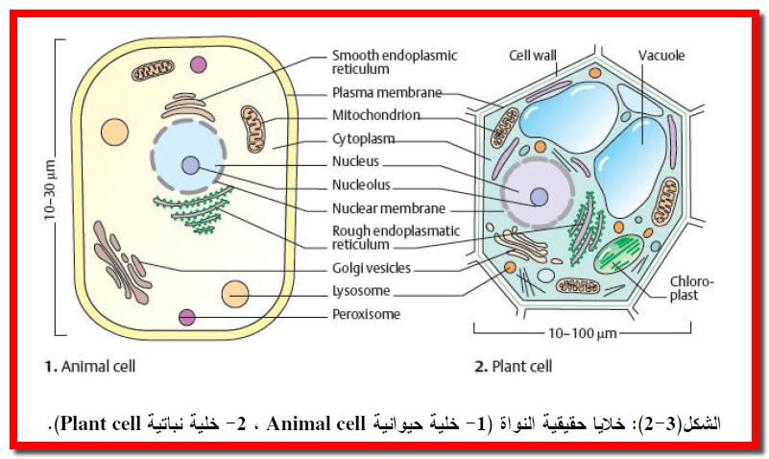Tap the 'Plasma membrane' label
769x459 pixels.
[x=387, y=93]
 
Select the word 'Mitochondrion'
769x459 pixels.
[x=378, y=116]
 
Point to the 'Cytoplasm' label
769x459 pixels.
[x=364, y=139]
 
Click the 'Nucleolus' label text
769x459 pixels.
[x=361, y=185]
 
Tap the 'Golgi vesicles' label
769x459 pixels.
[x=372, y=269]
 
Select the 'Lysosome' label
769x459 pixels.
[x=360, y=292]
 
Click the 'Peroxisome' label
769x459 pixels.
[x=366, y=314]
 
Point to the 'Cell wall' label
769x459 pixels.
[x=533, y=56]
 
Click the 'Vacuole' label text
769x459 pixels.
[x=662, y=56]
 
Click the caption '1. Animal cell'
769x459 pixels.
[x=89, y=366]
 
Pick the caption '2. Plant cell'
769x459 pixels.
[x=514, y=366]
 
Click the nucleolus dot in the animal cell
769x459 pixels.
[x=191, y=165]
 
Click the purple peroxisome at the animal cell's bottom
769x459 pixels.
[x=186, y=318]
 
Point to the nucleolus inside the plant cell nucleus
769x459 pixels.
[x=540, y=198]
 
